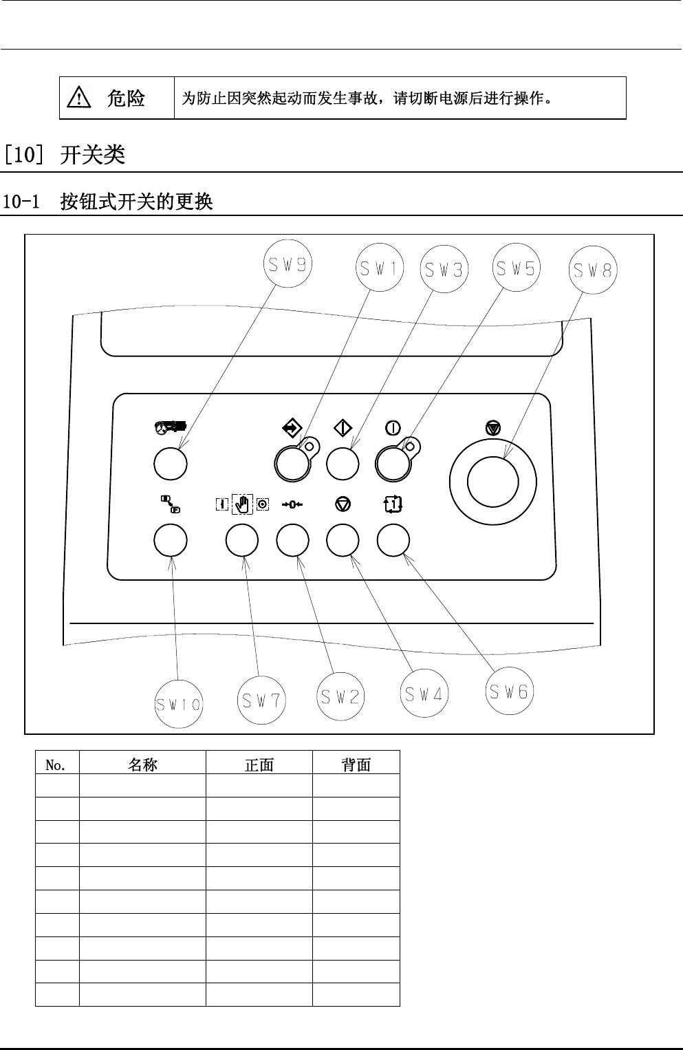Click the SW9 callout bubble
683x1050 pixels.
tap(288, 265)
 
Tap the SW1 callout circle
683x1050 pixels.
tap(379, 269)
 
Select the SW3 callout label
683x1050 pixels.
tap(443, 270)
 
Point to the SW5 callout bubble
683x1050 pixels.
tap(516, 268)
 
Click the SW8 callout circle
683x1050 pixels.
tap(593, 270)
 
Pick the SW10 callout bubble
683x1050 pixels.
tap(178, 704)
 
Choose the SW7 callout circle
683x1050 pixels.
tap(261, 700)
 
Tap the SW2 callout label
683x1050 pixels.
tap(340, 696)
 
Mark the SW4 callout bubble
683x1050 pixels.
tap(424, 694)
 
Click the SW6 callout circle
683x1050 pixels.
tap(510, 692)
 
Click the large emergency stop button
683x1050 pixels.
tap(492, 480)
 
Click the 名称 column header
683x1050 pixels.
tap(142, 764)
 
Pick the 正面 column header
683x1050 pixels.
tap(259, 764)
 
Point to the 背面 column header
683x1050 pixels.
tap(356, 764)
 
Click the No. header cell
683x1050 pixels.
tap(56, 764)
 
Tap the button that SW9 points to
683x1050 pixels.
tap(171, 463)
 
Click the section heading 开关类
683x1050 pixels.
tap(93, 155)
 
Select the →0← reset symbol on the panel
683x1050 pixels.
tap(292, 505)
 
